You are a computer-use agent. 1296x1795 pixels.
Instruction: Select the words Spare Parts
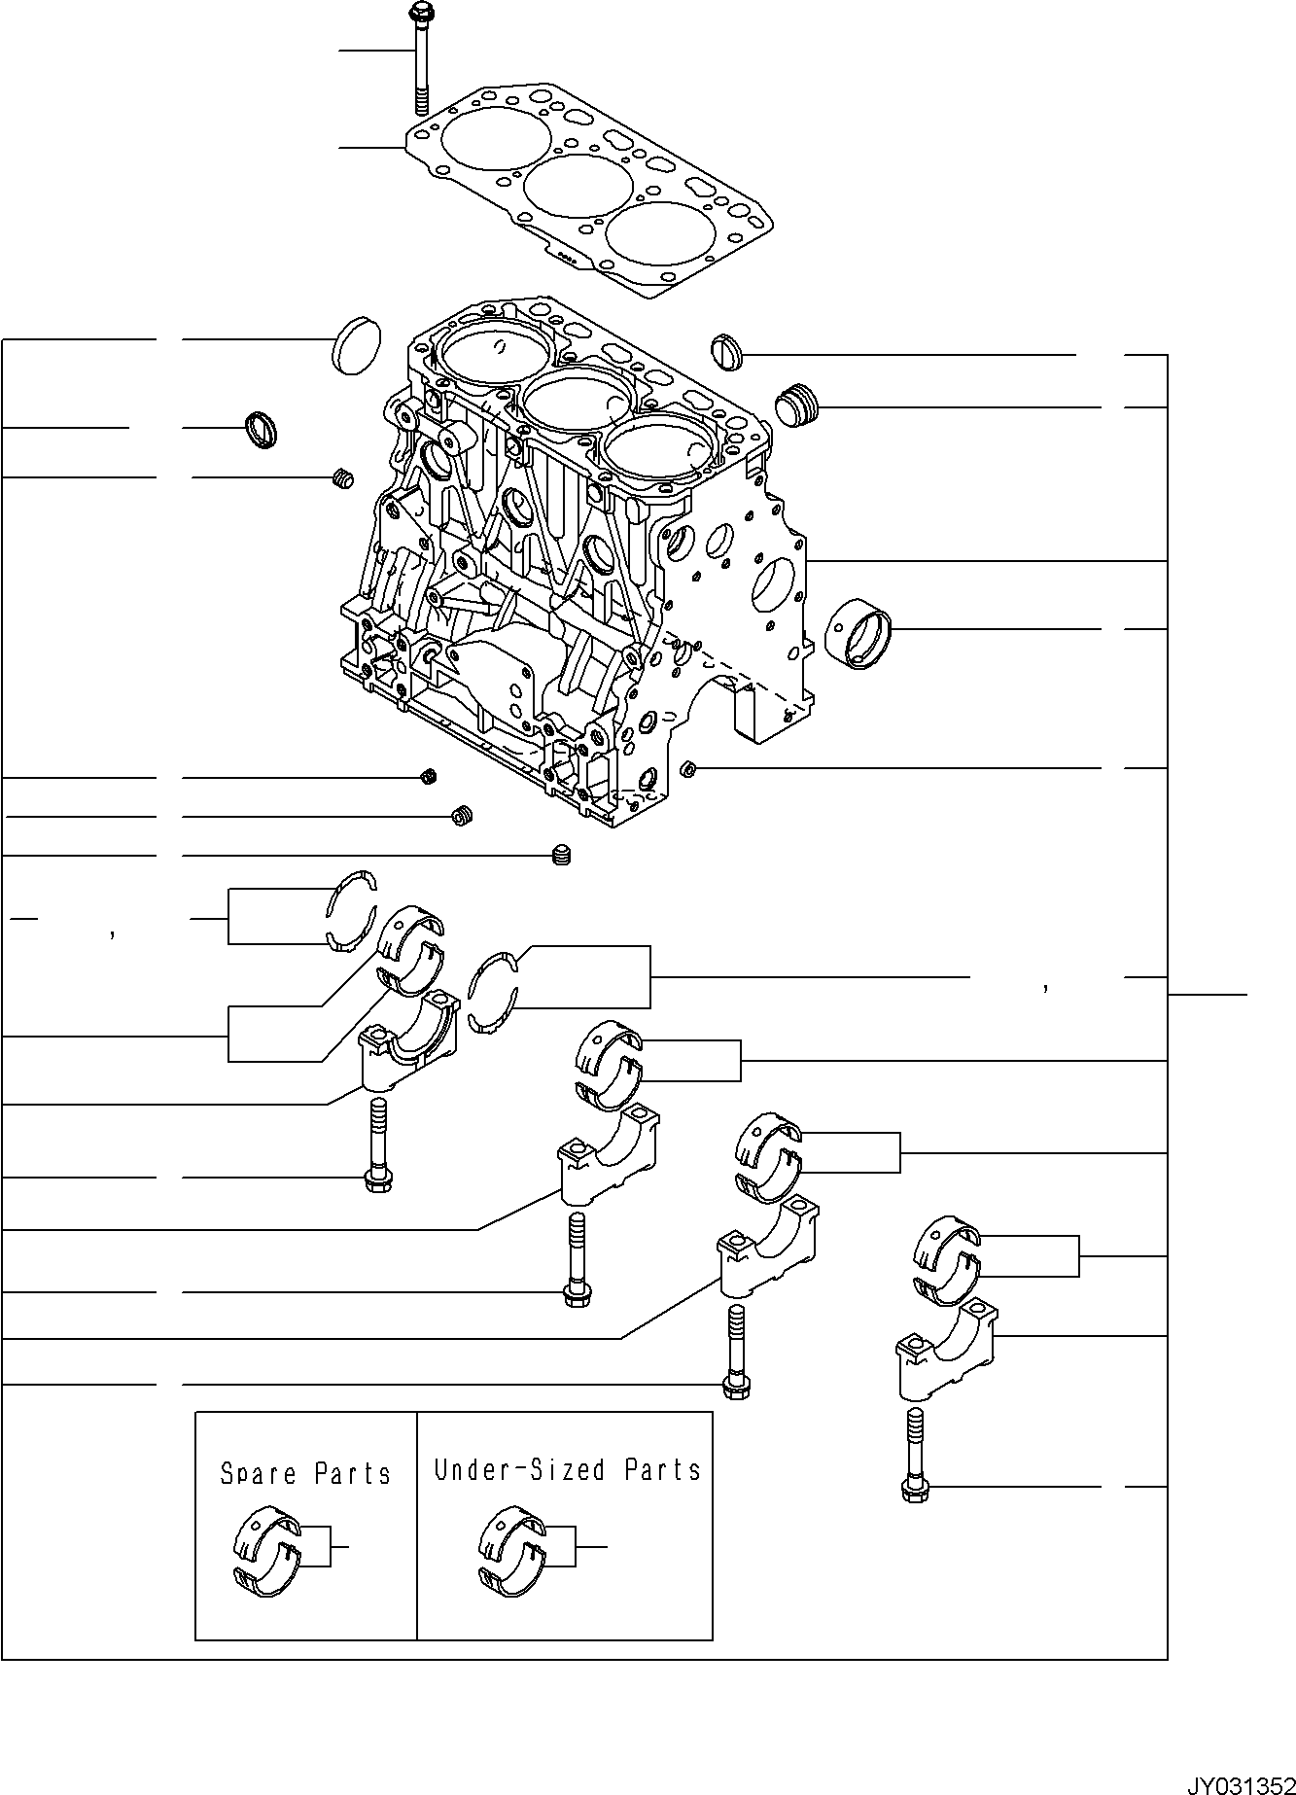pos(305,1473)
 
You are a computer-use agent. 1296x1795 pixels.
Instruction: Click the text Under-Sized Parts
pos(567,1469)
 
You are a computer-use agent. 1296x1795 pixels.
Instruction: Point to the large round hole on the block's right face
pos(772,585)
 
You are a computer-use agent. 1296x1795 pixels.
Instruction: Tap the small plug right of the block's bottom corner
pos(688,770)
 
